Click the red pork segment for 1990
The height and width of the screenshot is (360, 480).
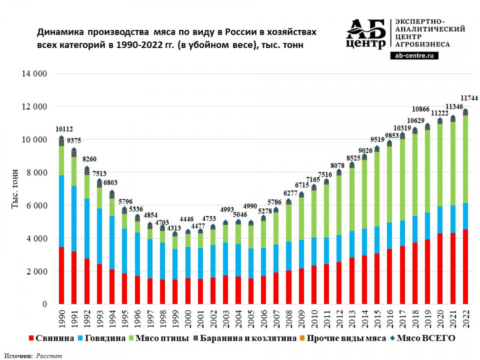pos(61,275)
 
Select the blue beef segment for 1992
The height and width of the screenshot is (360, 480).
pos(87,229)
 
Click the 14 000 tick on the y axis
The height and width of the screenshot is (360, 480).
pos(34,74)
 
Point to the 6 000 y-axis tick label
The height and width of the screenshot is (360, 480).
pos(35,205)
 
